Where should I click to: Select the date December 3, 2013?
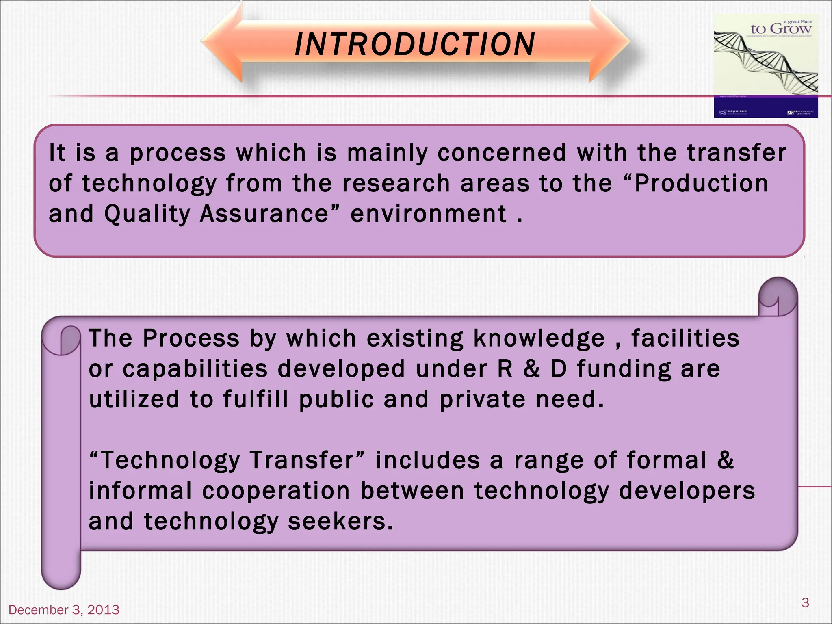pos(64,609)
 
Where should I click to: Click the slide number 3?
pos(805,602)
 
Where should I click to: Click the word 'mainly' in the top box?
pos(388,154)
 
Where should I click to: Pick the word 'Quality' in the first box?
pos(147,214)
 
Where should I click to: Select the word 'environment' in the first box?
pos(429,214)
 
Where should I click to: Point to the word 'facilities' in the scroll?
pos(685,338)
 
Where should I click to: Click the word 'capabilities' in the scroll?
pos(195,369)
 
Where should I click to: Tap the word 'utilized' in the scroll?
pos(134,399)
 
